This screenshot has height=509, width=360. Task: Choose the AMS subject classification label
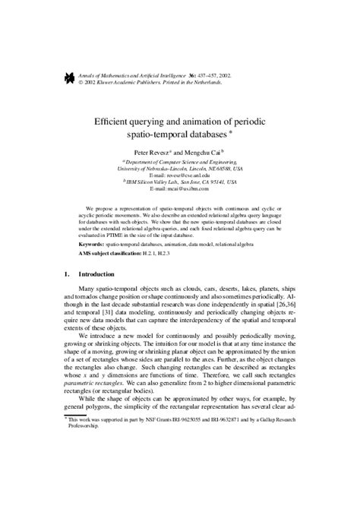pos(109,254)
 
